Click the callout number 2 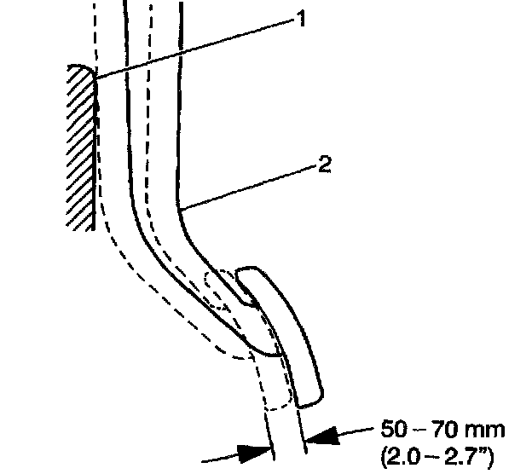point(324,165)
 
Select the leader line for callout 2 point(247,187)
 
